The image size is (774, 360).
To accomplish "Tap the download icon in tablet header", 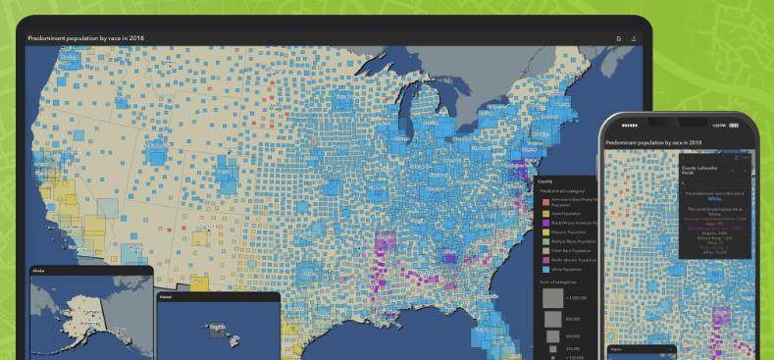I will coord(634,38).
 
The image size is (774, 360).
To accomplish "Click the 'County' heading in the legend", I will coord(545,181).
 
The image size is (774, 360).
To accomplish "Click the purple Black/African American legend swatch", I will coord(546,225).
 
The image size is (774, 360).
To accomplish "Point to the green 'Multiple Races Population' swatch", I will coord(546,248).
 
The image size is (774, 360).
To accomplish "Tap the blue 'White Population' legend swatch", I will coord(546,271).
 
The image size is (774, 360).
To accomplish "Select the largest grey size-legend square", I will coord(552,298).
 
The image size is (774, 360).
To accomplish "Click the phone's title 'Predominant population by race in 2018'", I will coord(654,143).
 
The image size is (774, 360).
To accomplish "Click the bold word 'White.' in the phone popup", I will coord(713,199).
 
